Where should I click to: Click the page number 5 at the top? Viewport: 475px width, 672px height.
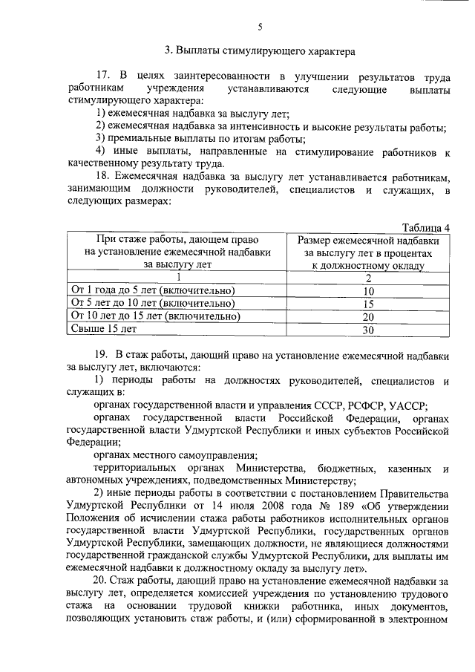coord(260,27)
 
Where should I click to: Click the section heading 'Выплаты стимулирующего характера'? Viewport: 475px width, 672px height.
coord(260,51)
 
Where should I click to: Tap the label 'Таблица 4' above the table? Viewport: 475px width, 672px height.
coord(426,227)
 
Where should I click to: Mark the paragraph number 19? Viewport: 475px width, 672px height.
coord(102,355)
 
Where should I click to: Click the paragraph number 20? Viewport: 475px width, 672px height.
coord(102,580)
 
